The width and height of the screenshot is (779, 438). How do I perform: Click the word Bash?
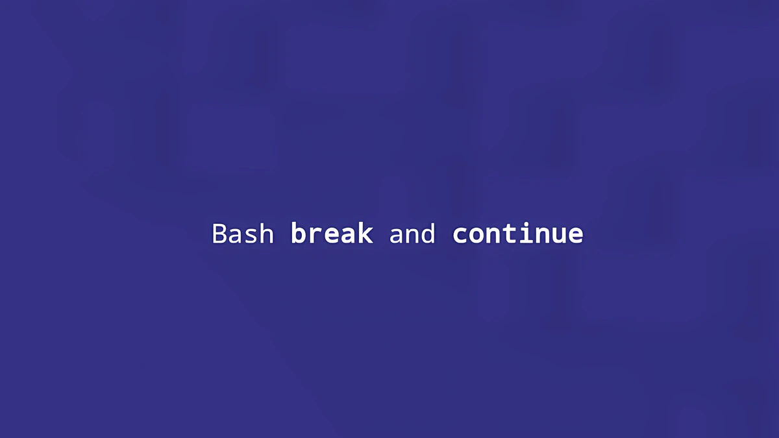point(243,233)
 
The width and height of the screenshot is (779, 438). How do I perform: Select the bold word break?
point(332,233)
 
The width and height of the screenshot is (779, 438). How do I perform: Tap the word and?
point(412,233)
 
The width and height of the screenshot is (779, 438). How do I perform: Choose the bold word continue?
point(518,233)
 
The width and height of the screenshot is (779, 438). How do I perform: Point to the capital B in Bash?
point(219,234)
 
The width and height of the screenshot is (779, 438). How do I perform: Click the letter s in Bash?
point(251,236)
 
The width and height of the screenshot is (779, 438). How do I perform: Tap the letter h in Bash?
point(267,233)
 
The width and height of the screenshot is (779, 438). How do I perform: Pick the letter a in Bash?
point(236,236)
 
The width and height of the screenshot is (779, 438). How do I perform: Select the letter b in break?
point(299,233)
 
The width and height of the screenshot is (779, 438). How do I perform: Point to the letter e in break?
point(332,236)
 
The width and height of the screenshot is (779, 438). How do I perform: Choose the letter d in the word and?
point(428,233)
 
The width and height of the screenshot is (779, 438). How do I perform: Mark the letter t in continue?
point(509,234)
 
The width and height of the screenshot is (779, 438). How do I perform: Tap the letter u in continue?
point(559,236)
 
